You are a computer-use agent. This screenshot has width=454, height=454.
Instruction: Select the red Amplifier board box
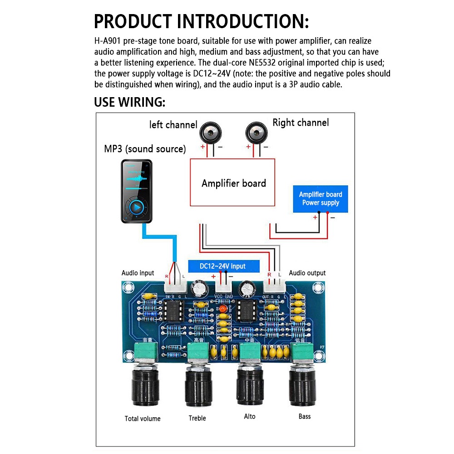pyautogui.click(x=232, y=183)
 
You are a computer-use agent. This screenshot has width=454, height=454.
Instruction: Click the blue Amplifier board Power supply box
pyautogui.click(x=321, y=199)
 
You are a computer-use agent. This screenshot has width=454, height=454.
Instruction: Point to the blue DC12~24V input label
pyautogui.click(x=223, y=266)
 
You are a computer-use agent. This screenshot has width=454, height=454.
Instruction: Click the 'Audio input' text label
pyautogui.click(x=138, y=273)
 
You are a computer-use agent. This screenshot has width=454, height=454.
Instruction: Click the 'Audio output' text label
pyautogui.click(x=307, y=273)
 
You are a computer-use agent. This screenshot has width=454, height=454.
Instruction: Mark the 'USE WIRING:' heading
pyautogui.click(x=129, y=102)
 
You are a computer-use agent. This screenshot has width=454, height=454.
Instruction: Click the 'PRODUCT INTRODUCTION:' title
pyautogui.click(x=202, y=21)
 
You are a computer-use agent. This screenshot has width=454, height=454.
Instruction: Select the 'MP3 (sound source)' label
pyautogui.click(x=145, y=149)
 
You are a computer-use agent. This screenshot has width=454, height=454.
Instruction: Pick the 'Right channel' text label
pyautogui.click(x=301, y=123)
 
